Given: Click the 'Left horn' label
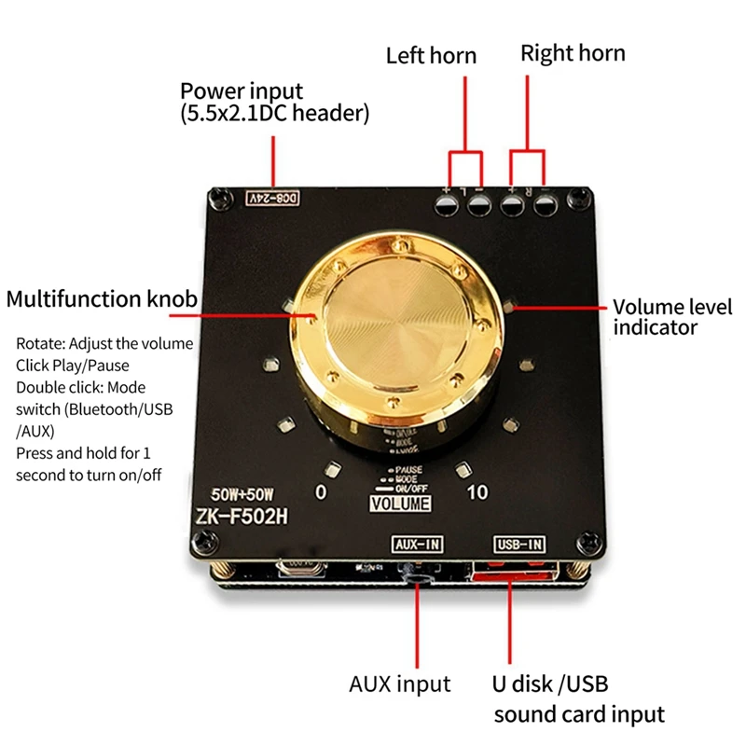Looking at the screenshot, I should pyautogui.click(x=431, y=55).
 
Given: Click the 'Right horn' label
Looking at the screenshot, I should pyautogui.click(x=573, y=52).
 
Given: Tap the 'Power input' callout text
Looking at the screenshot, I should pyautogui.click(x=242, y=91).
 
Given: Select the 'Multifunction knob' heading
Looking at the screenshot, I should pyautogui.click(x=102, y=299).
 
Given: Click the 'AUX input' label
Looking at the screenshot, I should pyautogui.click(x=399, y=684).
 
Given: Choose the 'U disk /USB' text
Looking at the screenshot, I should pyautogui.click(x=550, y=684).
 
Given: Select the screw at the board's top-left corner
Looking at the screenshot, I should pyautogui.click(x=219, y=196).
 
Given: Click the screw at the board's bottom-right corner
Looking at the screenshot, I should pyautogui.click(x=588, y=539).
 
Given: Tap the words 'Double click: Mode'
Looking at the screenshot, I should pyautogui.click(x=80, y=387).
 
